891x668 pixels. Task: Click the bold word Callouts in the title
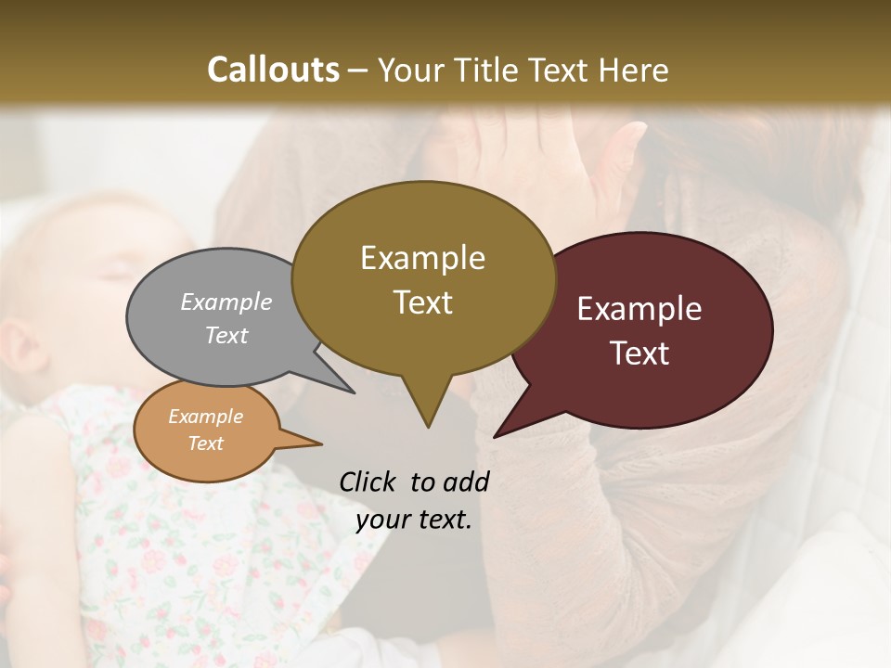pos(274,70)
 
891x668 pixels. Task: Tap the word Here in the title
pos(635,70)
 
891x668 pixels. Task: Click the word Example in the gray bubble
pos(226,302)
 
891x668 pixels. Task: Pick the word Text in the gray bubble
pos(226,335)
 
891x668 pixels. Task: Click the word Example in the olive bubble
pos(422,258)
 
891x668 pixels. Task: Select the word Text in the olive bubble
pos(422,302)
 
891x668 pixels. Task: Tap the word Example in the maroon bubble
pos(639,309)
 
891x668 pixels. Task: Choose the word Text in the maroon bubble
pos(639,353)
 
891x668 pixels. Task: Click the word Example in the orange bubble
pos(205,417)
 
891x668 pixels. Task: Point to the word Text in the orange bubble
pos(205,443)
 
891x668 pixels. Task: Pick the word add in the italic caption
pos(465,482)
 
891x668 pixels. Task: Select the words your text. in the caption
pos(414,520)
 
